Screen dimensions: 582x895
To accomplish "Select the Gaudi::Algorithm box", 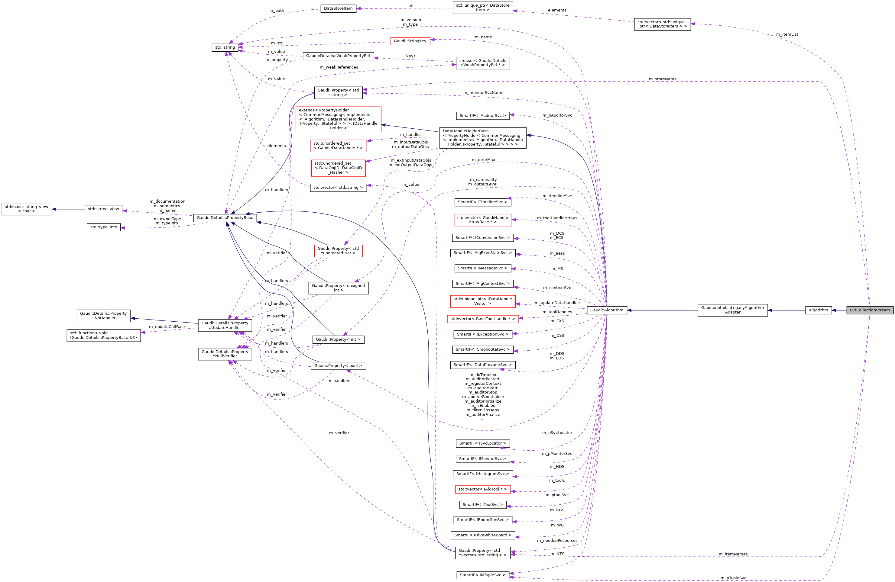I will [607, 310].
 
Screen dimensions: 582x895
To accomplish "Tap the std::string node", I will [225, 47].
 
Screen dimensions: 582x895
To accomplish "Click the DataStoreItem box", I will [338, 8].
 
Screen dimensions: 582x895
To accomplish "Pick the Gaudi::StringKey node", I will [410, 41].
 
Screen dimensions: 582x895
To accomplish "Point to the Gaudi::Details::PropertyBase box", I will [225, 217].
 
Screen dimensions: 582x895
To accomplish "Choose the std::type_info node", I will [103, 227].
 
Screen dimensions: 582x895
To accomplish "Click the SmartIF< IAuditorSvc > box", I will [482, 115].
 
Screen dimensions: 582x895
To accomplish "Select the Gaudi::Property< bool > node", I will [338, 365].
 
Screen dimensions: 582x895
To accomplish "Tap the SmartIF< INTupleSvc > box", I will [482, 575].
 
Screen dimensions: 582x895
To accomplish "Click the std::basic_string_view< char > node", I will [26, 209].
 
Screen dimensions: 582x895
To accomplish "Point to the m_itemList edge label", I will [787, 34].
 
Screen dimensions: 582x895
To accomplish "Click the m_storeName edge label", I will [662, 79].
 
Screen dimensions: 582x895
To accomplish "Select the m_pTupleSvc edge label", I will [733, 578].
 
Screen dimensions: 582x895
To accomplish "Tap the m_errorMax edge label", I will [483, 160].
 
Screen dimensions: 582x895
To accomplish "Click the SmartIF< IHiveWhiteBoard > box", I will [482, 535].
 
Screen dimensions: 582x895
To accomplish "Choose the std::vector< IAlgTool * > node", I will [482, 489].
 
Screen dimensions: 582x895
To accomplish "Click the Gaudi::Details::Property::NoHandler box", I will [103, 316].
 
